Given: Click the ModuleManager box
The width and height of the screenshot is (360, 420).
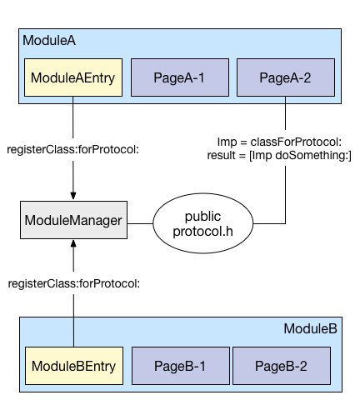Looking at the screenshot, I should tap(73, 221).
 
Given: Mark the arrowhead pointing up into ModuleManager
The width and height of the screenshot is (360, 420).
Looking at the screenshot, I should tap(74, 246).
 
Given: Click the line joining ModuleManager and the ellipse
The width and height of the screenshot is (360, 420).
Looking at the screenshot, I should tap(138, 222).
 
